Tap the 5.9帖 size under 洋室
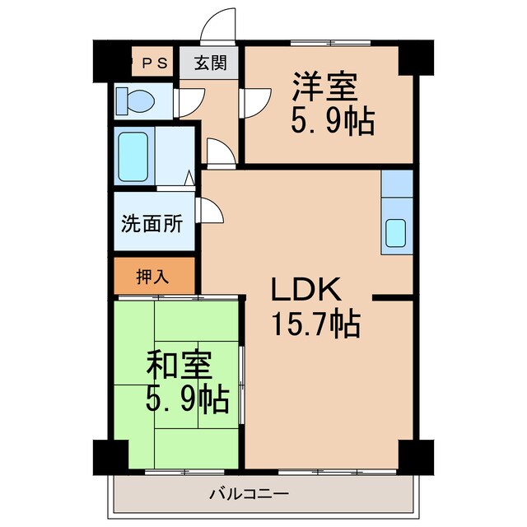coord(332,123)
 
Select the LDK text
coord(305,289)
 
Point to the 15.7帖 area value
coord(315,325)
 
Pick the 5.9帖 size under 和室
coord(188,400)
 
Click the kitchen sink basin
coord(397,233)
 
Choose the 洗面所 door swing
coord(209,211)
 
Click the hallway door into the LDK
coord(218,152)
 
